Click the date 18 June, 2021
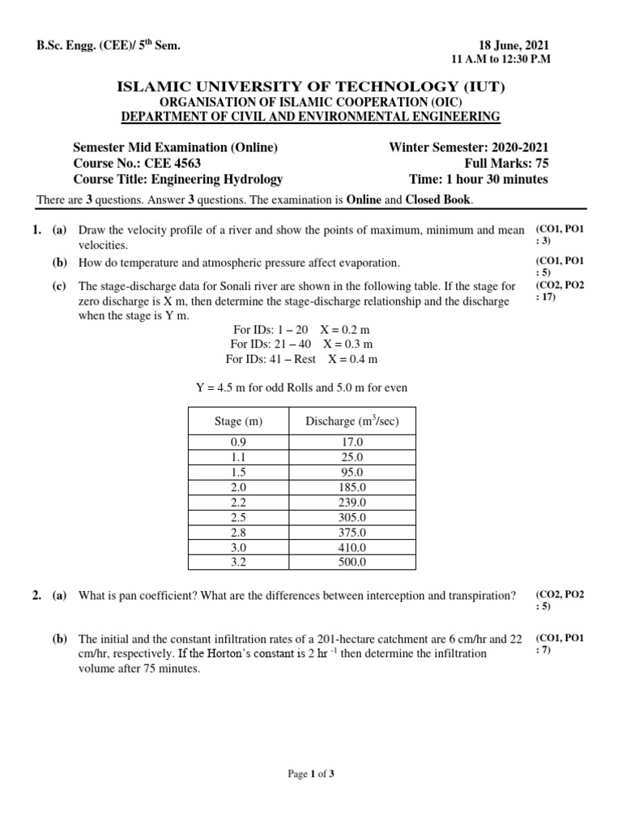coord(514,45)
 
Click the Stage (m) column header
coord(238,421)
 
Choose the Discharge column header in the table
coord(351,421)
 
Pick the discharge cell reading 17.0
coord(352,443)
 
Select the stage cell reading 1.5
coord(238,473)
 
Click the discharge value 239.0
coord(352,503)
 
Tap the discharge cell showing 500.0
coord(352,562)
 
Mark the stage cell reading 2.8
coord(238,532)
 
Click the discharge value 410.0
coord(352,547)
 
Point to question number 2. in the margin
coord(37,596)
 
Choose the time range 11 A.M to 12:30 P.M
coord(500,61)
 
